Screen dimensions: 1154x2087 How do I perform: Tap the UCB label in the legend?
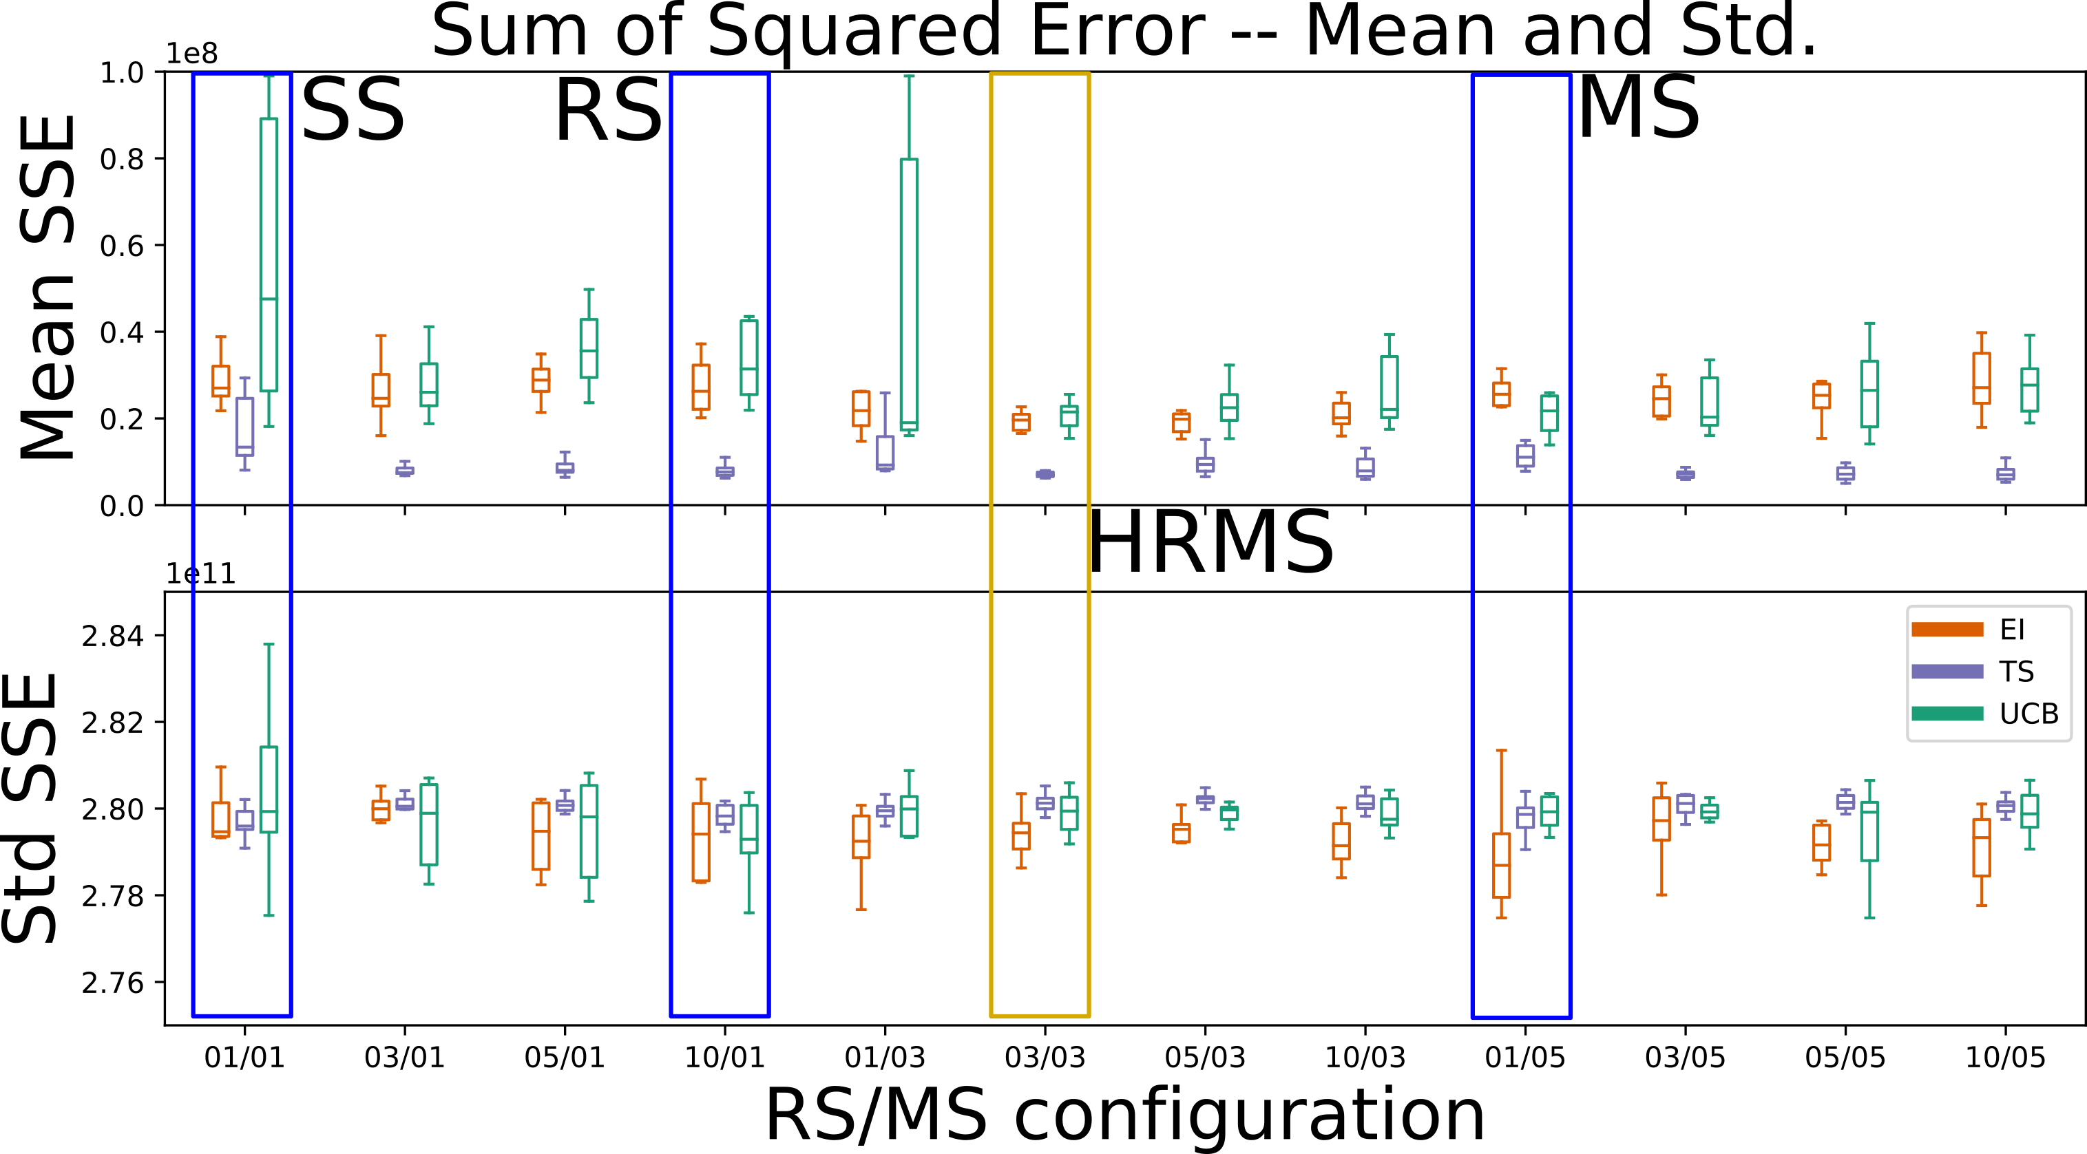pyautogui.click(x=2028, y=714)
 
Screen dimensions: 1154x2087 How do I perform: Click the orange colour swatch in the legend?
pyautogui.click(x=1947, y=629)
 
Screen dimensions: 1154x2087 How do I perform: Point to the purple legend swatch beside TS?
pyautogui.click(x=1947, y=672)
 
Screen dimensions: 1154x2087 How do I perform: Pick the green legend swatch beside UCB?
pyautogui.click(x=1947, y=714)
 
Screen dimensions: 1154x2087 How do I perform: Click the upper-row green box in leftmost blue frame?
pyautogui.click(x=268, y=255)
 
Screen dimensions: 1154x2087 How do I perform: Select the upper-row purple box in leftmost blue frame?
pyautogui.click(x=244, y=426)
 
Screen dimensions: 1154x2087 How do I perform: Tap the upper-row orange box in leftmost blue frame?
pyautogui.click(x=220, y=381)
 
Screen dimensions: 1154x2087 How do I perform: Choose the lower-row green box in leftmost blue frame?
pyautogui.click(x=268, y=789)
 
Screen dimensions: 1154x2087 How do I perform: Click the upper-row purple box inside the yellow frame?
pyautogui.click(x=1045, y=473)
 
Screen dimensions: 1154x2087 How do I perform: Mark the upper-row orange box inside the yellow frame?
pyautogui.click(x=1021, y=422)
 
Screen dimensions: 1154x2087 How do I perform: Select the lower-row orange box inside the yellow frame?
pyautogui.click(x=1021, y=836)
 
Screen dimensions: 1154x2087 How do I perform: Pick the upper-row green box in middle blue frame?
pyautogui.click(x=748, y=357)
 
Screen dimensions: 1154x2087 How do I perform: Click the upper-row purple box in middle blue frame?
pyautogui.click(x=725, y=471)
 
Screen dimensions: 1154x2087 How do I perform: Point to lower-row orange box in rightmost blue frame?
pyautogui.click(x=1501, y=865)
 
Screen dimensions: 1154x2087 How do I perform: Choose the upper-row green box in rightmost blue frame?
pyautogui.click(x=1549, y=412)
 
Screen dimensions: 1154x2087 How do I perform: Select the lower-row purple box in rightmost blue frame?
pyautogui.click(x=1524, y=817)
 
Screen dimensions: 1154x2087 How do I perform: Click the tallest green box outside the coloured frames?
pyautogui.click(x=909, y=294)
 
